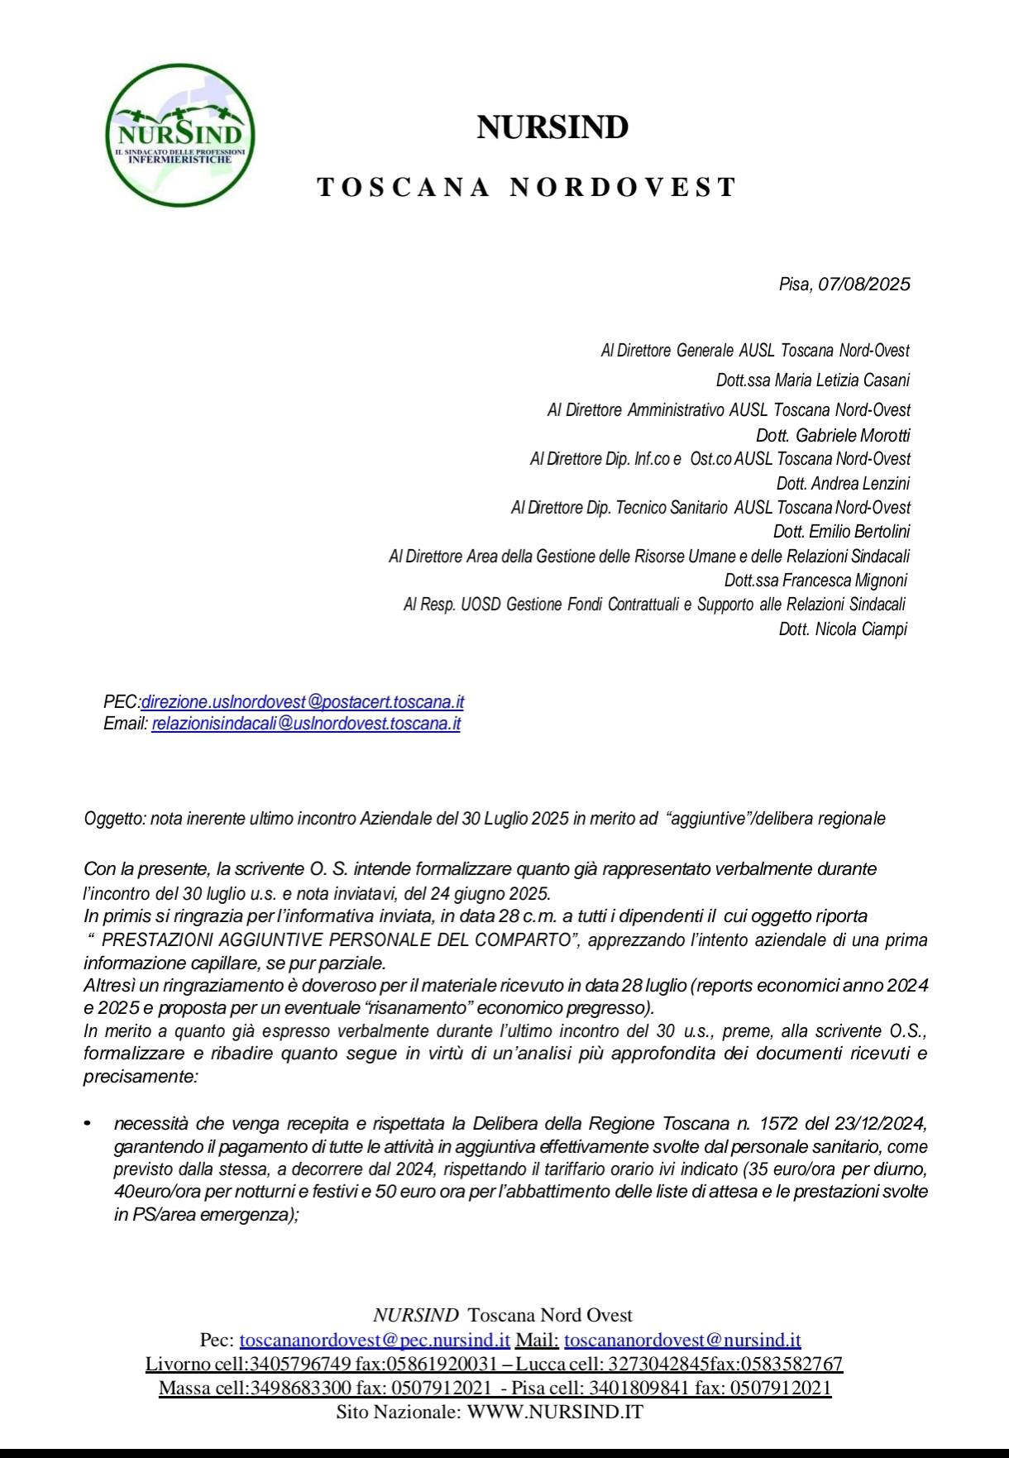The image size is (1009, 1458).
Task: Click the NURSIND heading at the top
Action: coord(552,128)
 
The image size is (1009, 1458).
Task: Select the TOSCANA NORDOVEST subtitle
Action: coord(527,187)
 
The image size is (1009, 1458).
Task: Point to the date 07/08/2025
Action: coord(863,284)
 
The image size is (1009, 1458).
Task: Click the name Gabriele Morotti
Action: coord(853,435)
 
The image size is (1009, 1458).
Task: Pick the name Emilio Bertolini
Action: coord(861,532)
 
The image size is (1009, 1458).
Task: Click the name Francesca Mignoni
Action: coord(851,581)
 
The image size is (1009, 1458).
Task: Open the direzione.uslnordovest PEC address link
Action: coord(303,702)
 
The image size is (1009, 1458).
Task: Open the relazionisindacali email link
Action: coord(306,724)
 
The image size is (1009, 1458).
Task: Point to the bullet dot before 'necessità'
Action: coord(86,1124)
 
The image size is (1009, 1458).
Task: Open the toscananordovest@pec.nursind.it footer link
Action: coord(375,1340)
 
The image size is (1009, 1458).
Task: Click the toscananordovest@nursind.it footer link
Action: coord(682,1340)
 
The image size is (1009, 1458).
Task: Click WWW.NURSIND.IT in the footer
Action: coord(555,1413)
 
